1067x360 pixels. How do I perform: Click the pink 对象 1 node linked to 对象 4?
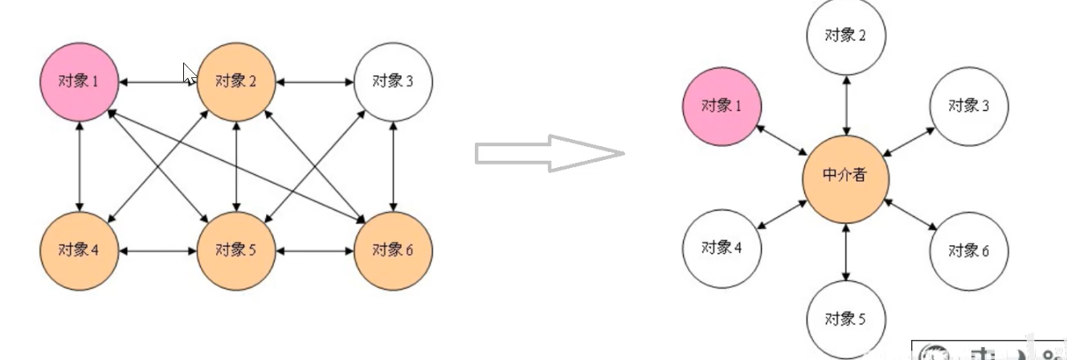tap(80, 81)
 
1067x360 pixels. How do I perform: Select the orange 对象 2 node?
tap(236, 81)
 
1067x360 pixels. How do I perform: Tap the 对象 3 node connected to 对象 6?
tap(393, 81)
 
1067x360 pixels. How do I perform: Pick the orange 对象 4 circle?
tap(80, 250)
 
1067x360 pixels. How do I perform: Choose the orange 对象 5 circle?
tap(236, 250)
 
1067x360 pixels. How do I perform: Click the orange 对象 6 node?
tap(393, 250)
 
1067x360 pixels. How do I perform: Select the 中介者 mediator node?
tap(845, 175)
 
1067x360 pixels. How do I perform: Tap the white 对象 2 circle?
tap(845, 36)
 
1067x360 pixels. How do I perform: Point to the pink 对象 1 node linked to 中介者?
tap(722, 106)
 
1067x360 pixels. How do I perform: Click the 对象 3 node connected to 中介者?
tap(969, 106)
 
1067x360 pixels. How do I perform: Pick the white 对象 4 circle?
tap(722, 247)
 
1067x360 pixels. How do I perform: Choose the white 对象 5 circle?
tap(845, 319)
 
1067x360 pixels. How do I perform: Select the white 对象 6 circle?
tap(969, 251)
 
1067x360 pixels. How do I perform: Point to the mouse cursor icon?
tap(190, 74)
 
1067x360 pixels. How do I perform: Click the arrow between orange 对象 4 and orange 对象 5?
tap(157, 251)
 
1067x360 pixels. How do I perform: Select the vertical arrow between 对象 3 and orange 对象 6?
tap(393, 166)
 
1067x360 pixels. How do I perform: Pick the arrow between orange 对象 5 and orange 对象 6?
tap(314, 251)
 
